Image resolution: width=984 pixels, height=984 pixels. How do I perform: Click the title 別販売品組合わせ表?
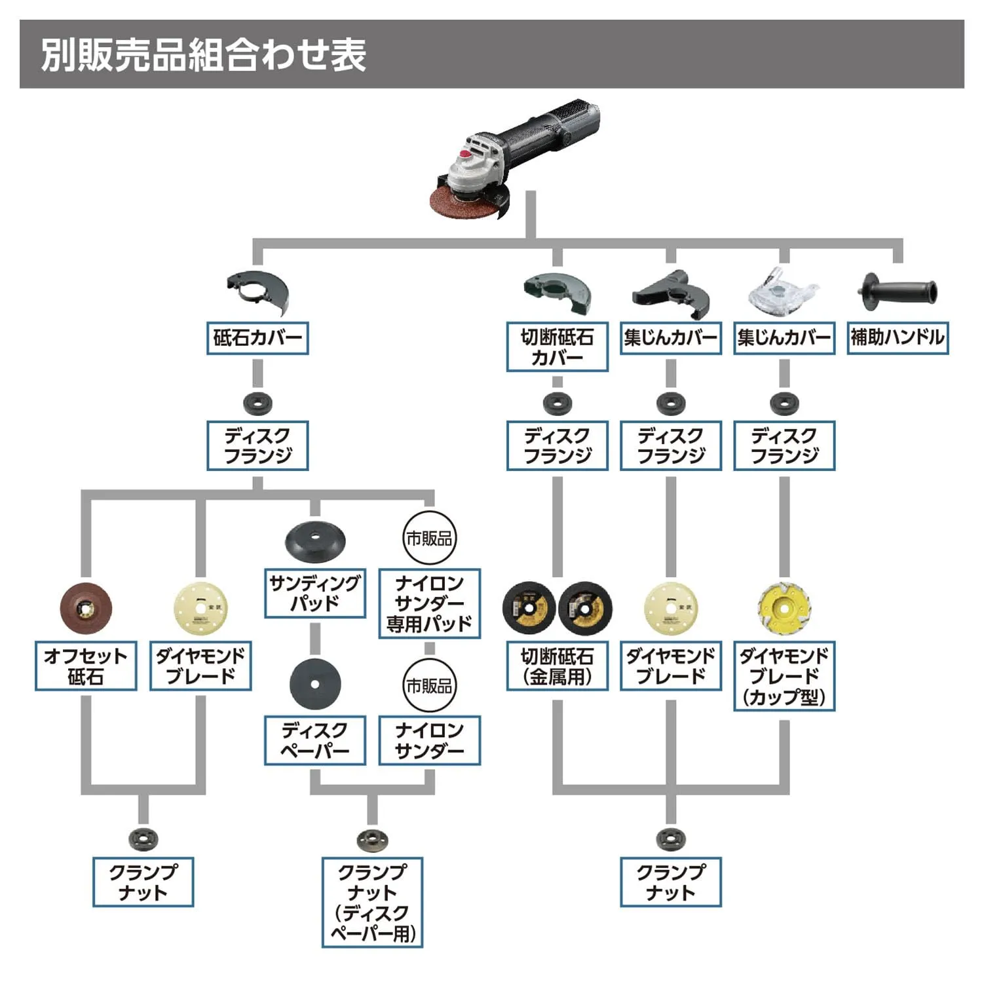(203, 54)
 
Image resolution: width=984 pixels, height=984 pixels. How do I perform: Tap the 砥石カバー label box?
(257, 338)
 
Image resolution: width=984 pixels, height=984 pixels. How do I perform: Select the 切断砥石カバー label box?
(557, 347)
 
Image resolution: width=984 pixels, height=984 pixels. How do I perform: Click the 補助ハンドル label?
(898, 337)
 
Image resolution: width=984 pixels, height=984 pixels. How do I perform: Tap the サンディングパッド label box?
(315, 594)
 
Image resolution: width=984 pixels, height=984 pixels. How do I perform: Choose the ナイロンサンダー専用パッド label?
(430, 603)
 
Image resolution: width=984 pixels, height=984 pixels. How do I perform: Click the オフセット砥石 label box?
(86, 666)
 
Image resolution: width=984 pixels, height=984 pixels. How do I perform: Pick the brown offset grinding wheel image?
(86, 609)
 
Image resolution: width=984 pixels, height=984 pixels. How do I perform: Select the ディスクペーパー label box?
(315, 740)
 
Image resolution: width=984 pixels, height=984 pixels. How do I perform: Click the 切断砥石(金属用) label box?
(557, 666)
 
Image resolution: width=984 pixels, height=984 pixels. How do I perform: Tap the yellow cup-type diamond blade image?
(784, 609)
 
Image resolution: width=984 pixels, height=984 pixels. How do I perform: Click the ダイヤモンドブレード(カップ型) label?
(784, 676)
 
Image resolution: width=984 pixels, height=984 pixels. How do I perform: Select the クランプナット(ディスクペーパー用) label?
(372, 902)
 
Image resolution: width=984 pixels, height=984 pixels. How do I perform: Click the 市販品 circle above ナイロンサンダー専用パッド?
(429, 539)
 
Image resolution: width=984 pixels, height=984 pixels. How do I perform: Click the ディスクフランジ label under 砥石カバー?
(257, 445)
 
